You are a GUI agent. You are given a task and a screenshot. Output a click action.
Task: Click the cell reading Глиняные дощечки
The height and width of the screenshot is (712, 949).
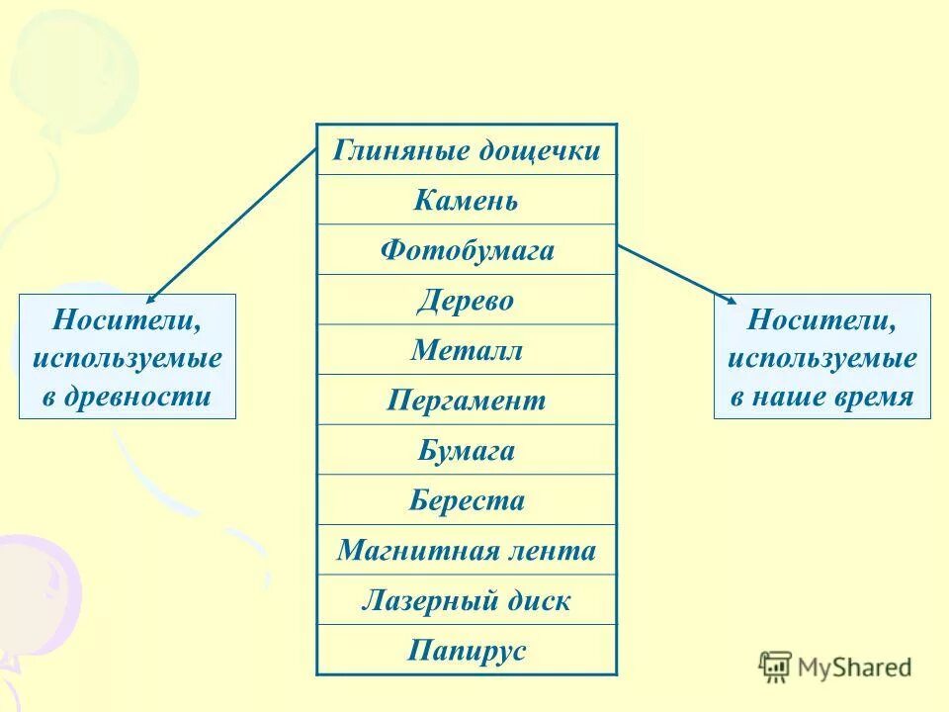pos(467,150)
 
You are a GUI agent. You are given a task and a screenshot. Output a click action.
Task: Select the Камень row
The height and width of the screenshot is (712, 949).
pos(467,201)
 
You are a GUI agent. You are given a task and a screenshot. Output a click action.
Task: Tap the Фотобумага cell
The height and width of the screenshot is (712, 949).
pos(467,250)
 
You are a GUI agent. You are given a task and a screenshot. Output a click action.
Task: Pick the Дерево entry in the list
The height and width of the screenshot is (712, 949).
pos(467,300)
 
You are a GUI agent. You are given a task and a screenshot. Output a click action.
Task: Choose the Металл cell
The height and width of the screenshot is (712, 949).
pos(467,350)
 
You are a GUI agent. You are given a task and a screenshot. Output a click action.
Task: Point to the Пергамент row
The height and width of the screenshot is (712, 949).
pos(467,400)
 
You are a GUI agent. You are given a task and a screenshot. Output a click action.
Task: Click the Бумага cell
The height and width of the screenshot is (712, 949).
pos(467,450)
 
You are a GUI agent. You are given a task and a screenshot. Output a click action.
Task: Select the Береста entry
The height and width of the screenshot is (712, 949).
pos(467,500)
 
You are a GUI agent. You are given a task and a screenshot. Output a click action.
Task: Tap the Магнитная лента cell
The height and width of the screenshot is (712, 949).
pos(467,550)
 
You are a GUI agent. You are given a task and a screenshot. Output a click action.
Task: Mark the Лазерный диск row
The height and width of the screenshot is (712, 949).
pos(467,600)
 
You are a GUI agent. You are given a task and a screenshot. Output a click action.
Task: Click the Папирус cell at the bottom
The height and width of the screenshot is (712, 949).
pos(467,651)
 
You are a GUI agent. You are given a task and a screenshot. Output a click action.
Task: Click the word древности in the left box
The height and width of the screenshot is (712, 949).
pos(140,397)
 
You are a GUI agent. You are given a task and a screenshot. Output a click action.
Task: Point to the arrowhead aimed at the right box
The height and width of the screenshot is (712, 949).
pos(732,300)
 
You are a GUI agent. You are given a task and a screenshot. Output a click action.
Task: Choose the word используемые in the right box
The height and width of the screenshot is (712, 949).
pos(822,358)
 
